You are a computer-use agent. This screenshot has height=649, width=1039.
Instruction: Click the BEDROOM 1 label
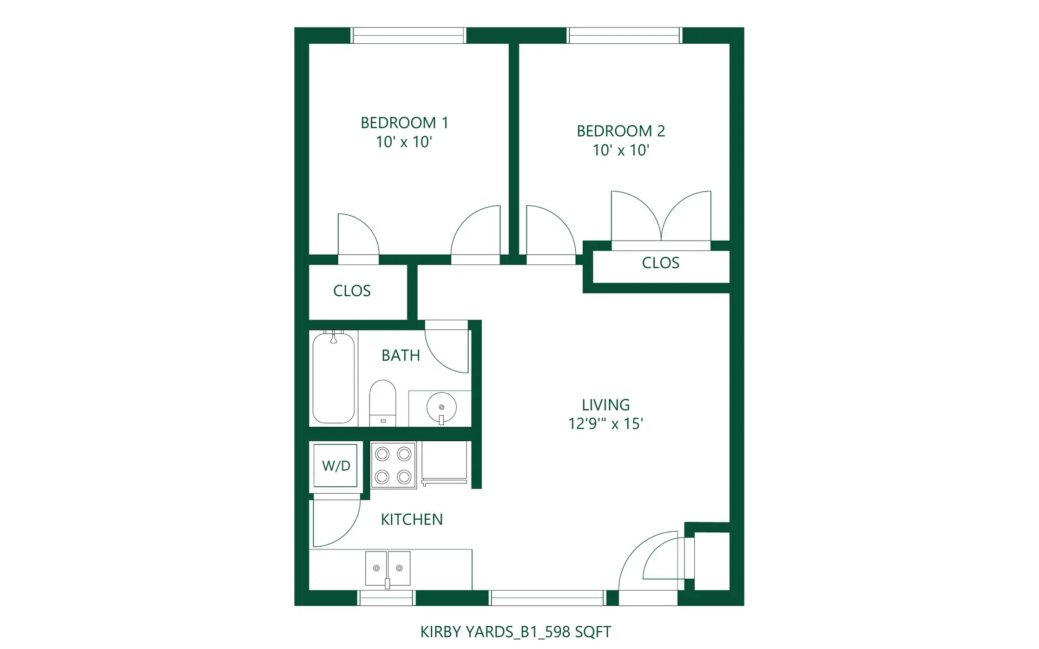pos(404,123)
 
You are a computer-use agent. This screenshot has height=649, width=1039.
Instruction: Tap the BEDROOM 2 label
pos(621,131)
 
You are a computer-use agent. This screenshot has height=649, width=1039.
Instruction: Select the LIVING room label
pos(606,405)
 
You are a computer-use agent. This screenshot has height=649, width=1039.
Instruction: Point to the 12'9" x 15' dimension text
pos(606,423)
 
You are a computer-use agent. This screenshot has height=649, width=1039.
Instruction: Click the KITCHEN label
pos(411,519)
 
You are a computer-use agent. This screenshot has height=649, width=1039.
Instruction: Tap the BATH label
pos(400,355)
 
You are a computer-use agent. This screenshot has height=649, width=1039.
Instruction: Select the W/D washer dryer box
pos(336,466)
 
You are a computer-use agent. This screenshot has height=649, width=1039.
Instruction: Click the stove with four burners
pos(393,465)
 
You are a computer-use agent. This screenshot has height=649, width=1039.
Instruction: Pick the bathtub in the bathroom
pos(333,378)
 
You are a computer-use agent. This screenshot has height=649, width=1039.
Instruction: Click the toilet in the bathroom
pos(383,403)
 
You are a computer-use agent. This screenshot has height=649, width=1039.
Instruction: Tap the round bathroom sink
pos(441,408)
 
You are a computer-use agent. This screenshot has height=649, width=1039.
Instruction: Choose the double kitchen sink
pos(387,568)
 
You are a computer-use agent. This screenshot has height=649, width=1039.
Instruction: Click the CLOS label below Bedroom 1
pos(352,291)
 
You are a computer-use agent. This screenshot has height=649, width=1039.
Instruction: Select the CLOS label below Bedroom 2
pos(660,263)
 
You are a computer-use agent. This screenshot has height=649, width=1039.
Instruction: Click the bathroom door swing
pos(447,347)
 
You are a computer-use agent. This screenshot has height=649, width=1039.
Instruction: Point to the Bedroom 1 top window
pos(409,35)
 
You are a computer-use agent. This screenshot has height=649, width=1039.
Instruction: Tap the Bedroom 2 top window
pos(624,35)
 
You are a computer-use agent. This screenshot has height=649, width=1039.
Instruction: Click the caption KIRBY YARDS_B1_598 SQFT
pos(516,632)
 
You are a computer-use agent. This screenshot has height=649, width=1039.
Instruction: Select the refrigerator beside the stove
pos(444,463)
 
